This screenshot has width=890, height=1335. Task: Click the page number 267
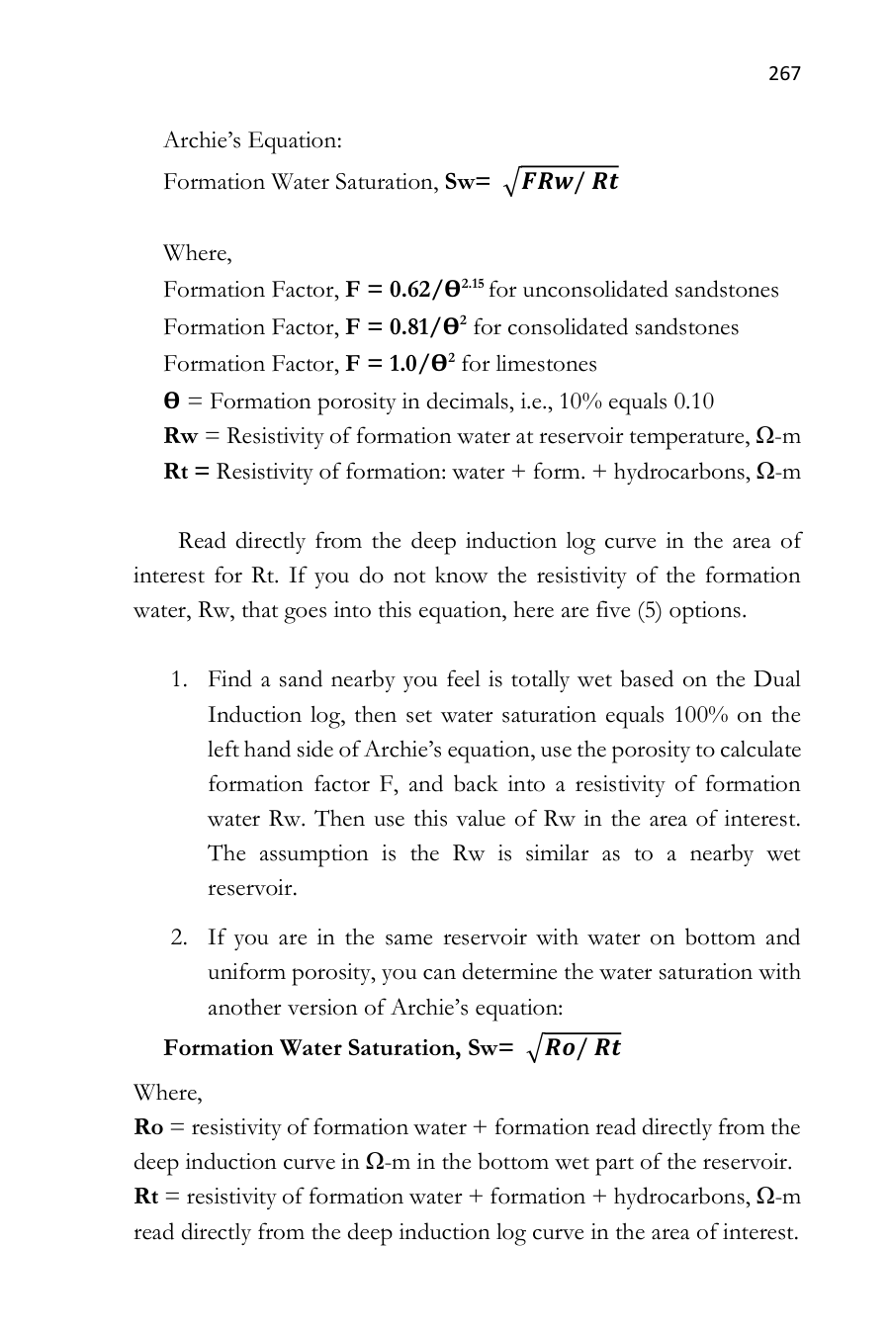(x=783, y=73)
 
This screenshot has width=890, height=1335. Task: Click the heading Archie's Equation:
(x=252, y=140)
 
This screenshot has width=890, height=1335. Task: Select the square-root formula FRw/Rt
(x=562, y=181)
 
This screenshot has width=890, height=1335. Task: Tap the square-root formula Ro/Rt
(x=576, y=1047)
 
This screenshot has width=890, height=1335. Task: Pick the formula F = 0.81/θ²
(x=405, y=327)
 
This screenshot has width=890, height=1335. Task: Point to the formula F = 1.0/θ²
(x=400, y=364)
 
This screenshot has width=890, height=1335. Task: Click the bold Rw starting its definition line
(x=180, y=436)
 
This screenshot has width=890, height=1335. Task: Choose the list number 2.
(x=178, y=937)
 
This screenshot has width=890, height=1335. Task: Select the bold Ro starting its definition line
(x=148, y=1127)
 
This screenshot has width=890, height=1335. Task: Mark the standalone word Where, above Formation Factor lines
(x=197, y=253)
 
